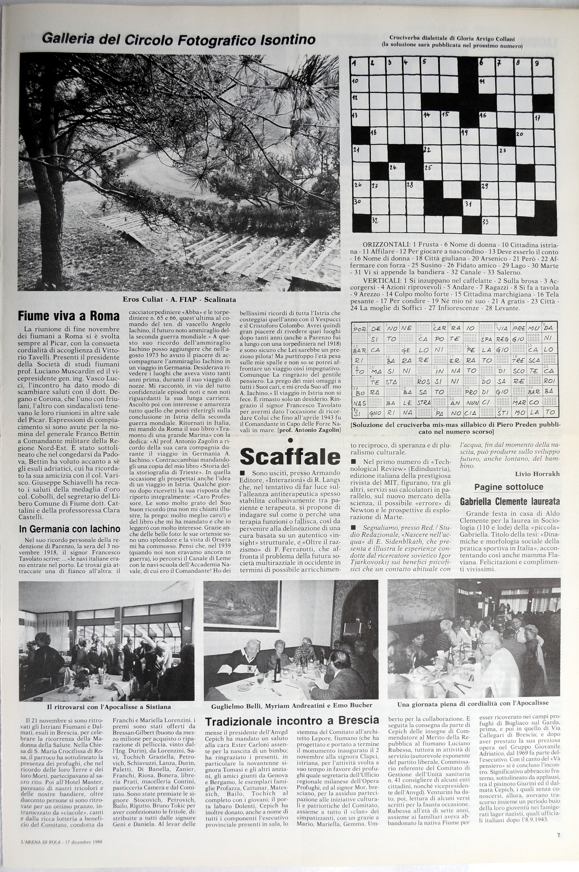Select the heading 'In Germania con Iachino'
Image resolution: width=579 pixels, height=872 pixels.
70,529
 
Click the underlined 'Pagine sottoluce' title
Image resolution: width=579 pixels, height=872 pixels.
509,487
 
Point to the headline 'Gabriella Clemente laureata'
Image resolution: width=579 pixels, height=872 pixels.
510,502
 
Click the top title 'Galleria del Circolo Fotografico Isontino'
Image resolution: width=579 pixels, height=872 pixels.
179,39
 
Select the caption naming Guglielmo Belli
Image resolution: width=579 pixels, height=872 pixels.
292,705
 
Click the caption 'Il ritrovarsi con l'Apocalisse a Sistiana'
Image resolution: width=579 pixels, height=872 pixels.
109,707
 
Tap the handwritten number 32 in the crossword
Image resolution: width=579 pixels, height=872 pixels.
375,220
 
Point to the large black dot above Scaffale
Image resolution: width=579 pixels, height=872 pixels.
290,440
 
